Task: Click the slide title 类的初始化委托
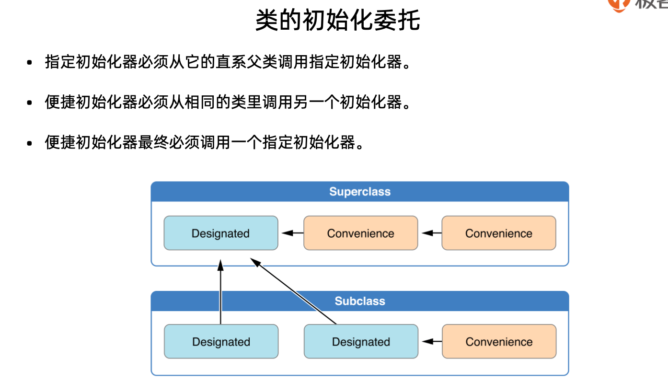click(337, 21)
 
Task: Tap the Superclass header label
click(359, 192)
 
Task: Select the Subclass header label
click(359, 301)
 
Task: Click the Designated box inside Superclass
click(220, 233)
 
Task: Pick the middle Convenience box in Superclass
click(360, 233)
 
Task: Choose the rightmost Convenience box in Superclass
click(498, 233)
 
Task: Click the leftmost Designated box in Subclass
click(221, 342)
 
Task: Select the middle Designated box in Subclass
click(360, 342)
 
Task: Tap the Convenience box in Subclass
click(498, 342)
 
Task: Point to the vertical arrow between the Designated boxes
click(220, 292)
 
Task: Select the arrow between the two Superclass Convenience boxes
click(430, 233)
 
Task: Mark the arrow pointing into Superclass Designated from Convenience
click(291, 233)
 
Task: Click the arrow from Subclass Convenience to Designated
click(430, 342)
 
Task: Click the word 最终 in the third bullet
click(153, 142)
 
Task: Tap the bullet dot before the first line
click(30, 63)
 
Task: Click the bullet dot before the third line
click(30, 143)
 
